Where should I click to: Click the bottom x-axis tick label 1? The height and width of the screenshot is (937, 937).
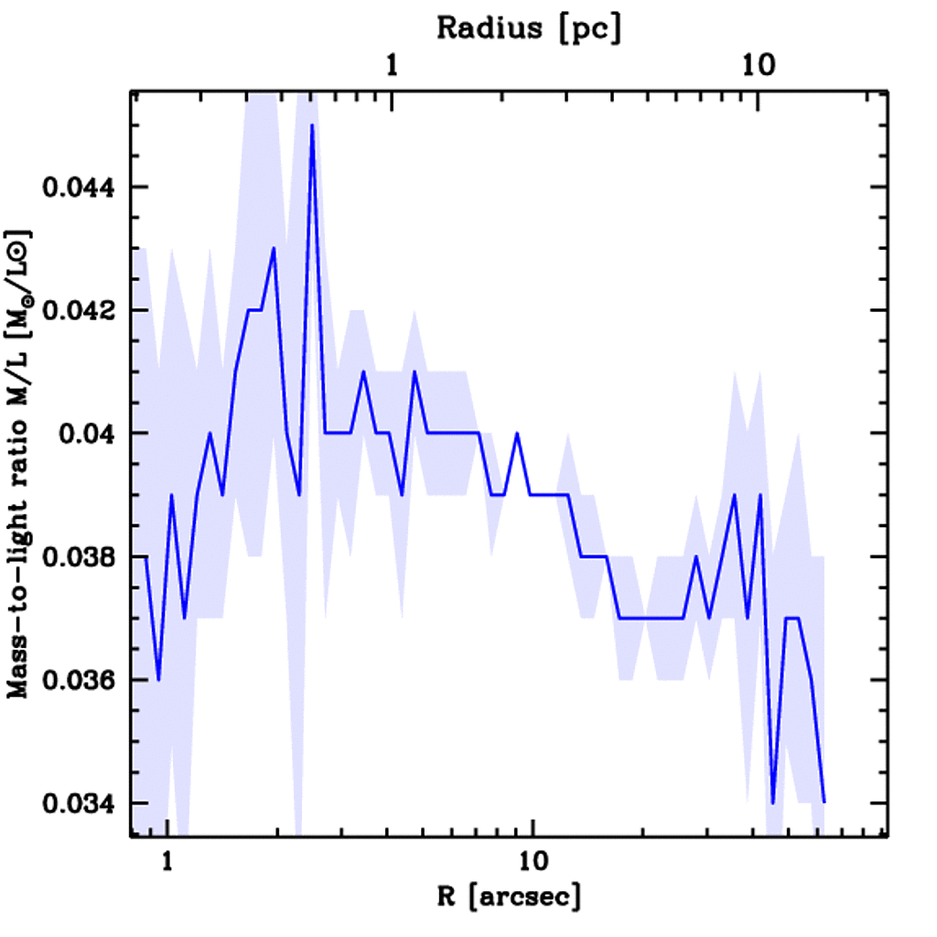tap(167, 861)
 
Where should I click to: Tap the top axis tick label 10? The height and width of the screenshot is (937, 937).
tap(759, 67)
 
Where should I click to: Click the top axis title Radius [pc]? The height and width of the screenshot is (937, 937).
tap(529, 27)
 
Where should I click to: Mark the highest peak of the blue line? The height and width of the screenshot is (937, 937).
tap(312, 125)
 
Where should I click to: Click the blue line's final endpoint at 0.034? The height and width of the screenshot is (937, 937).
tap(824, 802)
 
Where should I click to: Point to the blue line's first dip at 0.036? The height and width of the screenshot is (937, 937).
tap(158, 680)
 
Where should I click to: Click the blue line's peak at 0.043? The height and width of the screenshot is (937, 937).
tap(274, 249)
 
